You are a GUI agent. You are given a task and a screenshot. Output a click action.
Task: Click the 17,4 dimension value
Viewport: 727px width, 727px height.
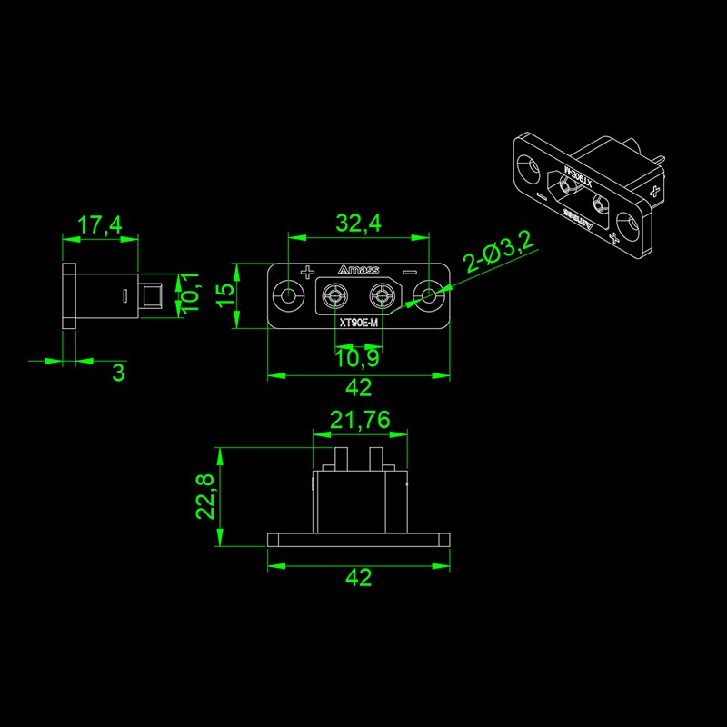pyautogui.click(x=100, y=224)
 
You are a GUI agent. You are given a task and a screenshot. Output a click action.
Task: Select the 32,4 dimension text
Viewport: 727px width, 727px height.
pyautogui.click(x=358, y=223)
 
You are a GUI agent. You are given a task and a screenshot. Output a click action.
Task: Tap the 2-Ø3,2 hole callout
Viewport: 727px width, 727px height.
pyautogui.click(x=498, y=251)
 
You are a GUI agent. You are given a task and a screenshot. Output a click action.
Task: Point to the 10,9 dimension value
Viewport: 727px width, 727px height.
pyautogui.click(x=357, y=358)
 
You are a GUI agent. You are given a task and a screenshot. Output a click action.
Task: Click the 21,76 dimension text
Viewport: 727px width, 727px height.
pyautogui.click(x=360, y=420)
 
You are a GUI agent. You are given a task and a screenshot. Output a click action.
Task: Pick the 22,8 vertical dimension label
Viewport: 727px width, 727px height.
pyautogui.click(x=204, y=496)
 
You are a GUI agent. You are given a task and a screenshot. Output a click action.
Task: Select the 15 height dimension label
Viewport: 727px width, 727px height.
pyautogui.click(x=225, y=294)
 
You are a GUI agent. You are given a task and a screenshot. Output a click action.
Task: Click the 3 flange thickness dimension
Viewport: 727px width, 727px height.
pyautogui.click(x=119, y=373)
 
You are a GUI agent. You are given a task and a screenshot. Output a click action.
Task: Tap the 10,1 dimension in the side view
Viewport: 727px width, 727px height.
pyautogui.click(x=190, y=294)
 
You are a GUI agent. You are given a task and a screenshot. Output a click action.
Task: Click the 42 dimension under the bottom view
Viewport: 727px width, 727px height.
pyautogui.click(x=358, y=578)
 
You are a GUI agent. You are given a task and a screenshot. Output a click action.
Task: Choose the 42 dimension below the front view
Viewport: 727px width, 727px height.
pyautogui.click(x=358, y=388)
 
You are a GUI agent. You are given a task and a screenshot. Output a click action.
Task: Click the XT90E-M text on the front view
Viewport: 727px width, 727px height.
pyautogui.click(x=358, y=323)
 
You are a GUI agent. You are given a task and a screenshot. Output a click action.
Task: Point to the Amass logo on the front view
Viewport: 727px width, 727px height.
pyautogui.click(x=358, y=270)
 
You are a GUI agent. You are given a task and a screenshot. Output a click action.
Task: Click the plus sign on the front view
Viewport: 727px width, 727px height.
pyautogui.click(x=307, y=273)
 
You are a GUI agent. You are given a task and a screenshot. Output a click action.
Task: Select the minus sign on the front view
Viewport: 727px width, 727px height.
pyautogui.click(x=411, y=272)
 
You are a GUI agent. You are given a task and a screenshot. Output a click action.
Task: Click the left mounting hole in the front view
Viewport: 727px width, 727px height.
pyautogui.click(x=288, y=294)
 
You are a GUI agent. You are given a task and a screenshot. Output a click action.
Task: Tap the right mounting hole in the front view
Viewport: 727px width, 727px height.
pyautogui.click(x=429, y=294)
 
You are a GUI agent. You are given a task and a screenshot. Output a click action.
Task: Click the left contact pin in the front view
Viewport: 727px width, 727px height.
pyautogui.click(x=335, y=294)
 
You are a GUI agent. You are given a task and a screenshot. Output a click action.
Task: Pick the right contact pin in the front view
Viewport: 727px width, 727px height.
pyautogui.click(x=382, y=294)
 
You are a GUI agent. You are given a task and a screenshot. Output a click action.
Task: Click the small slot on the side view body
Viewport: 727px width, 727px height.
pyautogui.click(x=124, y=296)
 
